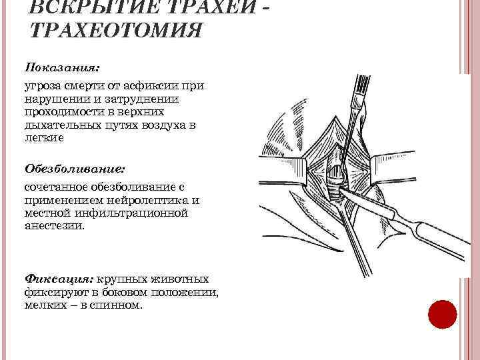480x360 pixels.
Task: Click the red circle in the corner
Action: [441, 314]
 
